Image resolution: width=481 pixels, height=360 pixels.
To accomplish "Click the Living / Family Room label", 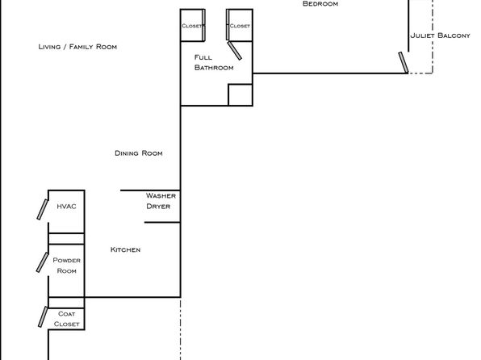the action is pyautogui.click(x=77, y=47).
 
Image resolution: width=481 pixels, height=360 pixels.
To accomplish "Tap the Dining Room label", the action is pyautogui.click(x=139, y=153).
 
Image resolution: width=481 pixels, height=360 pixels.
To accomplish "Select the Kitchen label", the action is pyautogui.click(x=125, y=249).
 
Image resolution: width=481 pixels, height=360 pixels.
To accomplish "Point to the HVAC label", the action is pyautogui.click(x=66, y=207).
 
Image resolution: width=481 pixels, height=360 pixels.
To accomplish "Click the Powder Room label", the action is pyautogui.click(x=66, y=266).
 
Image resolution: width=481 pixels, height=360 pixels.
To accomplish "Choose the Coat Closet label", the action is pyautogui.click(x=66, y=319).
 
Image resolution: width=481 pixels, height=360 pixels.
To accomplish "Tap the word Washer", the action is pyautogui.click(x=161, y=195).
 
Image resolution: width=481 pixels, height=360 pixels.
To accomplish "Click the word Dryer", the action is pyautogui.click(x=158, y=207).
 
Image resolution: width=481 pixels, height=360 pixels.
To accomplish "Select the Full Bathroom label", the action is pyautogui.click(x=214, y=62).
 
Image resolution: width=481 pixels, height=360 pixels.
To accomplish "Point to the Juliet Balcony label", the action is pyautogui.click(x=440, y=36).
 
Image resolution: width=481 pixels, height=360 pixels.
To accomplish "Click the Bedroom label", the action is pyautogui.click(x=320, y=4).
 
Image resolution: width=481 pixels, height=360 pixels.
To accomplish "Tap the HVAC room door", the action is pyautogui.click(x=42, y=210).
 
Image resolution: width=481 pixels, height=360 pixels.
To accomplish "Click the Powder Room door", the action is pyautogui.click(x=42, y=262).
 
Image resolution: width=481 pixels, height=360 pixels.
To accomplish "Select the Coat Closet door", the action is pyautogui.click(x=43, y=316).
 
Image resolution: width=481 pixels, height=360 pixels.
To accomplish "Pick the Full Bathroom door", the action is pyautogui.click(x=235, y=51).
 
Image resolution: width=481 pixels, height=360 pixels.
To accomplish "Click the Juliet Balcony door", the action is pyautogui.click(x=404, y=63).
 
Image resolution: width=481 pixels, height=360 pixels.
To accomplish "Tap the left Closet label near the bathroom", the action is pyautogui.click(x=192, y=26).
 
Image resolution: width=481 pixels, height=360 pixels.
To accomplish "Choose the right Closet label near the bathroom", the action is pyautogui.click(x=240, y=26).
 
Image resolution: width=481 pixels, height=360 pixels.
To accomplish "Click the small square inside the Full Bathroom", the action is pyautogui.click(x=240, y=94).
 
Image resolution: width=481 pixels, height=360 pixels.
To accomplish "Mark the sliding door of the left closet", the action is pyautogui.click(x=203, y=25).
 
